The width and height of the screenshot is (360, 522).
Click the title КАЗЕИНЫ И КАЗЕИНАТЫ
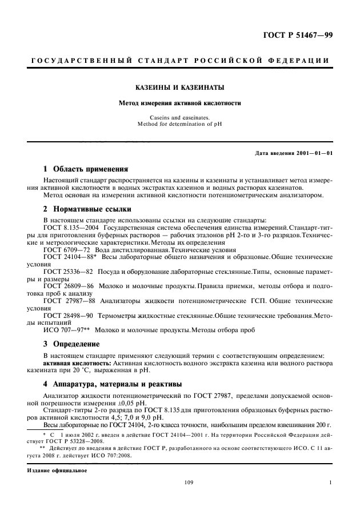pos(179,87)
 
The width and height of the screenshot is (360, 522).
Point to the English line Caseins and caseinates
pos(179,117)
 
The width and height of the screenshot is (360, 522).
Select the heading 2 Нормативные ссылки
pos(87,209)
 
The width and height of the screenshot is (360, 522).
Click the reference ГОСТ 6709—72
pos(63,250)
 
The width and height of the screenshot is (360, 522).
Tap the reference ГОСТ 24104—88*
pos(66,258)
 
